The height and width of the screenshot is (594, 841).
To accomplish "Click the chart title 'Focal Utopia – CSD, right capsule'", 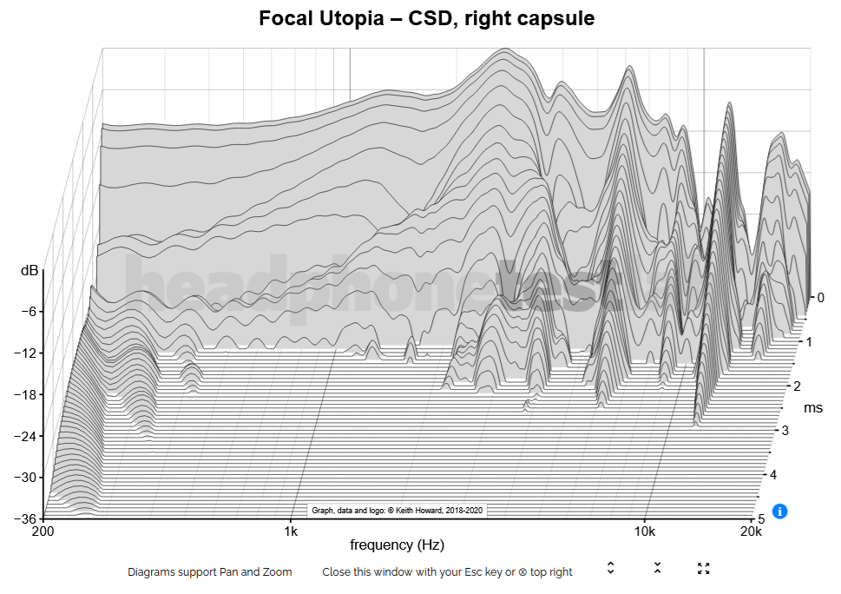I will click(426, 18).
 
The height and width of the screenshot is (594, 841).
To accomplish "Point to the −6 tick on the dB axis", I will click(27, 312).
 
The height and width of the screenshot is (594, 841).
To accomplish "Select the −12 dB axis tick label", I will click(24, 353).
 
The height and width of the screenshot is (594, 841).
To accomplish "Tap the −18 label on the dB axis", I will click(24, 394).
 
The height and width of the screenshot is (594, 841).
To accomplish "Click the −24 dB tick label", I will click(24, 436).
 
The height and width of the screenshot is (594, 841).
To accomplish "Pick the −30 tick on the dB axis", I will click(24, 477).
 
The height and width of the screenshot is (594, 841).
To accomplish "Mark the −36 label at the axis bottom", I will click(24, 518).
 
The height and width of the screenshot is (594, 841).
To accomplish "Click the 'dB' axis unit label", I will click(30, 271).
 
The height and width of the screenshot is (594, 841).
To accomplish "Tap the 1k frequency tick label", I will click(291, 531).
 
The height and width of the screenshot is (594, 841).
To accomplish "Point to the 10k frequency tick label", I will click(643, 531).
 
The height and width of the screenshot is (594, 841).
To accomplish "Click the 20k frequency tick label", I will click(751, 531).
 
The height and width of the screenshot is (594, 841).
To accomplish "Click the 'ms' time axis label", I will click(813, 407).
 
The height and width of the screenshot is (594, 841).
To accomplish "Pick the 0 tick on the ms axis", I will click(820, 298).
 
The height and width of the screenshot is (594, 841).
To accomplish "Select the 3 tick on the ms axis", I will click(785, 431).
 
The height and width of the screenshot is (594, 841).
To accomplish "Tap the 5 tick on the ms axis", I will click(761, 519).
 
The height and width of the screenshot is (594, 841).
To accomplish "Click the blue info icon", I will click(779, 511).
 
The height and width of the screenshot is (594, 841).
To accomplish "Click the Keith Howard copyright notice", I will click(397, 511).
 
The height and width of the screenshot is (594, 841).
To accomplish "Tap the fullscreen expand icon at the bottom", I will click(704, 569).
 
